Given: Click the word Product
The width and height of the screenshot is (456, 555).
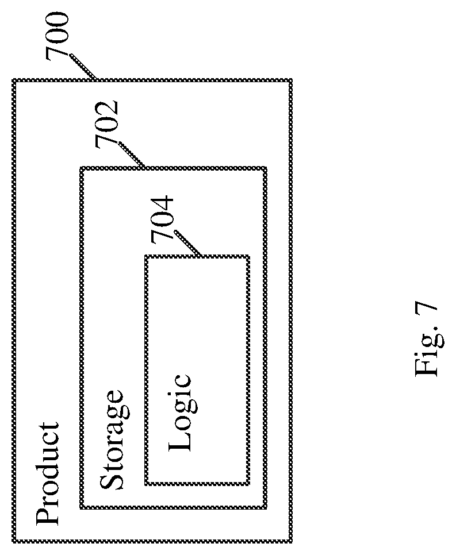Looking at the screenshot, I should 48,473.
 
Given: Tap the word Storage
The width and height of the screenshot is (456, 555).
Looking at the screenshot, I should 113,440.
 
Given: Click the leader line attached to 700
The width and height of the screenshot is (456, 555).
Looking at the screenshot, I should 83,67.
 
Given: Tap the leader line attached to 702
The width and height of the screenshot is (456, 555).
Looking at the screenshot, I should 131,155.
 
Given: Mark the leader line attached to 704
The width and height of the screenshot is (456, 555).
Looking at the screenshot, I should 186,244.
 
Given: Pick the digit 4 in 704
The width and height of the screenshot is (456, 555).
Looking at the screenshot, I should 162,206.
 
